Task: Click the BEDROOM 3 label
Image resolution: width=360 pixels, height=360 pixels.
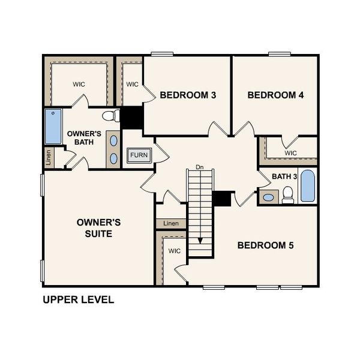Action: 187,95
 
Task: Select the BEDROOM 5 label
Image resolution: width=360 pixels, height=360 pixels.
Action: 265,245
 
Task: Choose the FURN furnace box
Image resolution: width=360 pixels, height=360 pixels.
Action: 139,155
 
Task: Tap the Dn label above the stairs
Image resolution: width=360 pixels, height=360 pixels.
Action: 200,167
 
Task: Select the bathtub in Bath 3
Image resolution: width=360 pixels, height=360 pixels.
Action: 307,187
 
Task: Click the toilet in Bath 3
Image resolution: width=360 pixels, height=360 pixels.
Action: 288,194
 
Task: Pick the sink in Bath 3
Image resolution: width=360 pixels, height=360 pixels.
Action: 269,197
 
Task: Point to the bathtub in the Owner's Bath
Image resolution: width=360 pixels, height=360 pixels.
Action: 53,127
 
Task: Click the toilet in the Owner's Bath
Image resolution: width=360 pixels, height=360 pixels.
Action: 110,116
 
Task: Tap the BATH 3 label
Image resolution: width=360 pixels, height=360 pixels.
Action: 284,176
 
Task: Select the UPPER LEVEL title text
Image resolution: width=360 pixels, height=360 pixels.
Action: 78,299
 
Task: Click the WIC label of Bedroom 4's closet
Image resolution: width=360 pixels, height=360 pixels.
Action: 290,153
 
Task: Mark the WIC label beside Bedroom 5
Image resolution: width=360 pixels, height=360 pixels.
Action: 174,251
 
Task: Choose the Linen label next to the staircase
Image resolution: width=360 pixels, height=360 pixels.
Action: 171,224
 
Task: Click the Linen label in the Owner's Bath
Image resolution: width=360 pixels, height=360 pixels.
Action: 49,158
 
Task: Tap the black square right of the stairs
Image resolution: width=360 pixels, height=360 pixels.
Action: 223,199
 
